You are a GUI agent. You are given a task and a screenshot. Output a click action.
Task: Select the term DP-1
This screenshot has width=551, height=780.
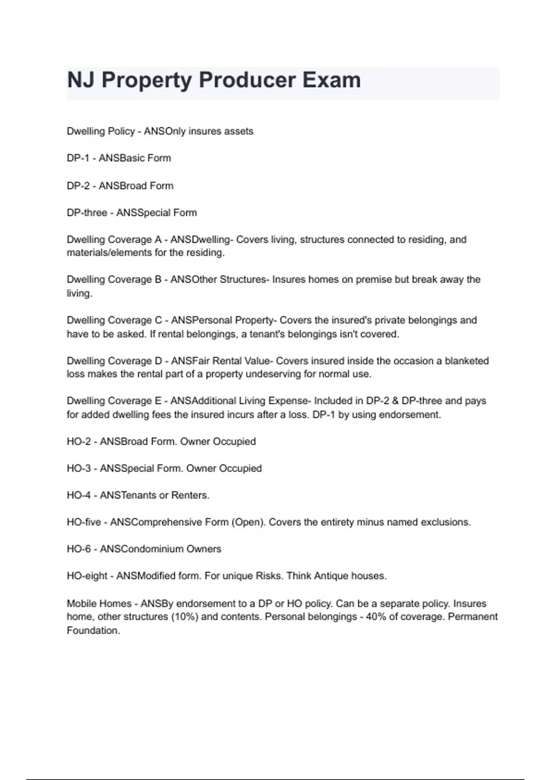coord(78,158)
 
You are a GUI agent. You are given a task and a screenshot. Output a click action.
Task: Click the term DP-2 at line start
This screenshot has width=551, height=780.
coord(78,186)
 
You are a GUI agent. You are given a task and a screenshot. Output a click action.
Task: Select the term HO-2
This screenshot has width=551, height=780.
coord(79,442)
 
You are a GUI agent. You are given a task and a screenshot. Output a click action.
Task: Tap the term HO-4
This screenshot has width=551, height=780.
coord(79,496)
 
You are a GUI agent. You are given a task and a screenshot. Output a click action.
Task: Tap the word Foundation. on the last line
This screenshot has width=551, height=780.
coord(93,631)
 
